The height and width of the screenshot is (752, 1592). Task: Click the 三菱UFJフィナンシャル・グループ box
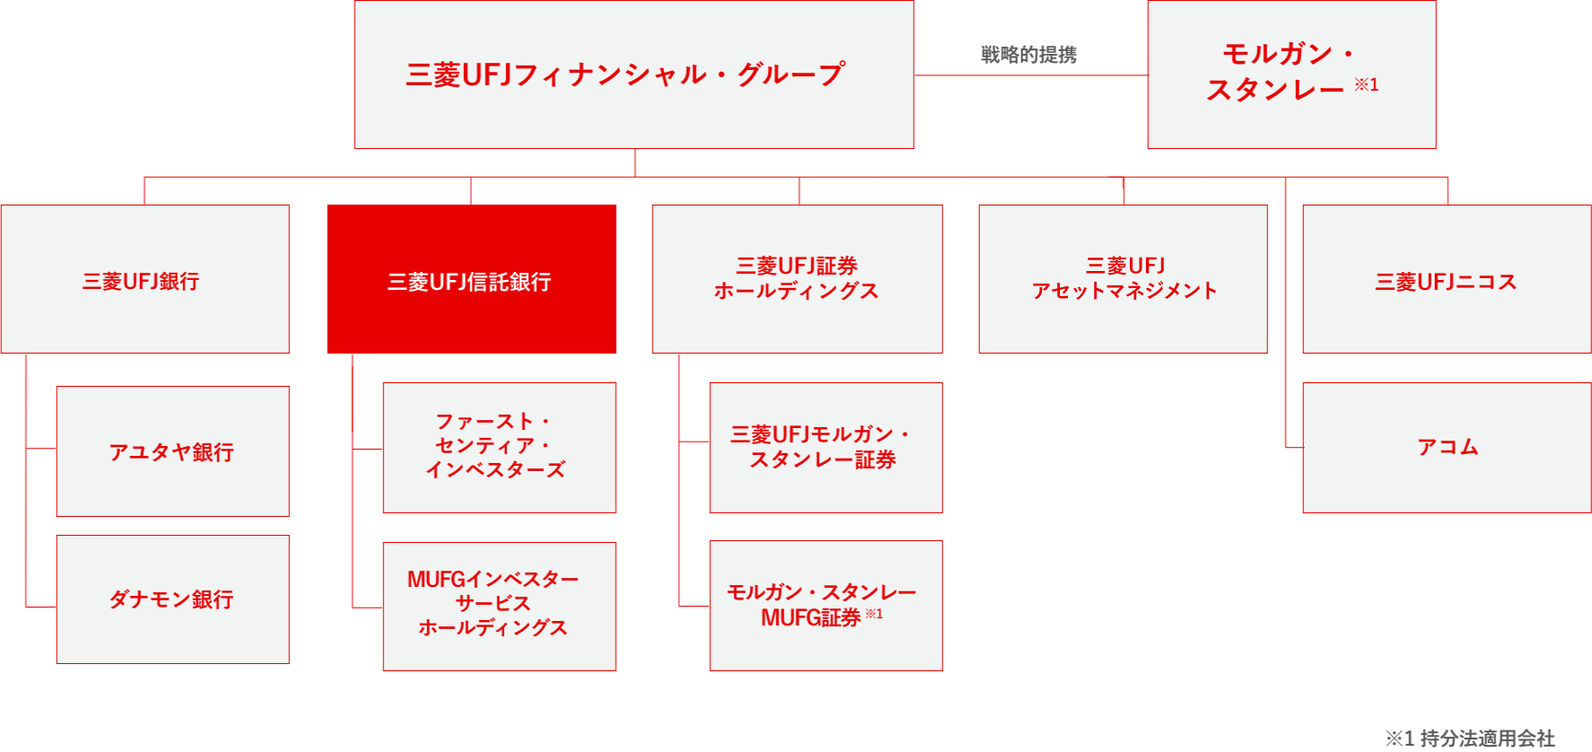[634, 74]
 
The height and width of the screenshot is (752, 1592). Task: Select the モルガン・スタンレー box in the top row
[1290, 74]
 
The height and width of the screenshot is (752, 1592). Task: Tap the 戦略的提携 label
[1028, 55]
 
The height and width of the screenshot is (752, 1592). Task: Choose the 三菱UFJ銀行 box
[144, 279]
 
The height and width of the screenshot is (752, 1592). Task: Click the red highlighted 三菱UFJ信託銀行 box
[471, 279]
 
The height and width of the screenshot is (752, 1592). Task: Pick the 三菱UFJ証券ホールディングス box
[797, 279]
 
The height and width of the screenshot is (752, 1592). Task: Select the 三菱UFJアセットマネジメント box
[1123, 279]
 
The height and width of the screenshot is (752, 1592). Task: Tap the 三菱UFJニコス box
[1446, 279]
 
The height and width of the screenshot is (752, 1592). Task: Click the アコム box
[1446, 448]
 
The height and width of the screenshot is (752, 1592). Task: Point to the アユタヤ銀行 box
[172, 451]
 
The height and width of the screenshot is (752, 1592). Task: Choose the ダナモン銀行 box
[172, 599]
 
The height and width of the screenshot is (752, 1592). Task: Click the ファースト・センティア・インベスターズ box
[499, 448]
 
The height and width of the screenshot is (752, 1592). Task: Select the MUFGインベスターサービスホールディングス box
[499, 606]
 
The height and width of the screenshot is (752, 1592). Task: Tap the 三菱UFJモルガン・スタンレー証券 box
[826, 448]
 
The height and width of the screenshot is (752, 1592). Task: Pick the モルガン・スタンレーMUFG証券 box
[826, 606]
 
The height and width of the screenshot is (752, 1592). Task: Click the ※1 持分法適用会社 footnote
[1469, 739]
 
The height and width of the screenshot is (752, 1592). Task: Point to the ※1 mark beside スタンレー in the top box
[1366, 85]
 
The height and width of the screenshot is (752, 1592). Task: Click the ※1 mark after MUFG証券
[874, 615]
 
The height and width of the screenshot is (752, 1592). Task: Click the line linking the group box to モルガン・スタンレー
[1030, 75]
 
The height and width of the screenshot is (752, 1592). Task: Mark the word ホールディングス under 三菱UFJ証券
[796, 292]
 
